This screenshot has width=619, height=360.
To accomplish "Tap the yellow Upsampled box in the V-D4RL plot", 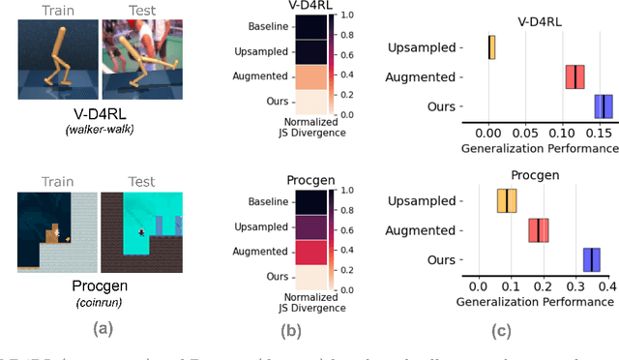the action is point(491,46).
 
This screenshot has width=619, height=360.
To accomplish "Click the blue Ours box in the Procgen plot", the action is point(591,259).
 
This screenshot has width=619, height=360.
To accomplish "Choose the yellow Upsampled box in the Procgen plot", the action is point(506,200).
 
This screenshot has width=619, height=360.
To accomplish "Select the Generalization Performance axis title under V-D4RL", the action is point(539,149).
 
